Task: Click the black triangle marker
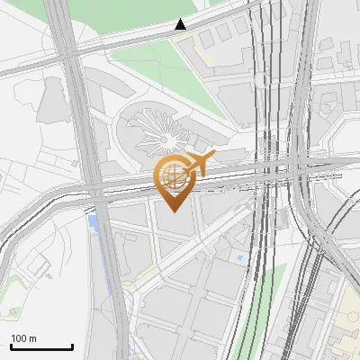[x=181, y=24]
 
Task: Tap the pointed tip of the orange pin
[x=175, y=209]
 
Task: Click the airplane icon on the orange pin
[x=198, y=164]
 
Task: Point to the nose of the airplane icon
[x=212, y=157]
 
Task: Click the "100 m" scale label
[x=23, y=338]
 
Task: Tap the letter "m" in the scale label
[x=32, y=338]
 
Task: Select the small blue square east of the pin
[x=240, y=258]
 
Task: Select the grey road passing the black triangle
[x=135, y=40]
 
